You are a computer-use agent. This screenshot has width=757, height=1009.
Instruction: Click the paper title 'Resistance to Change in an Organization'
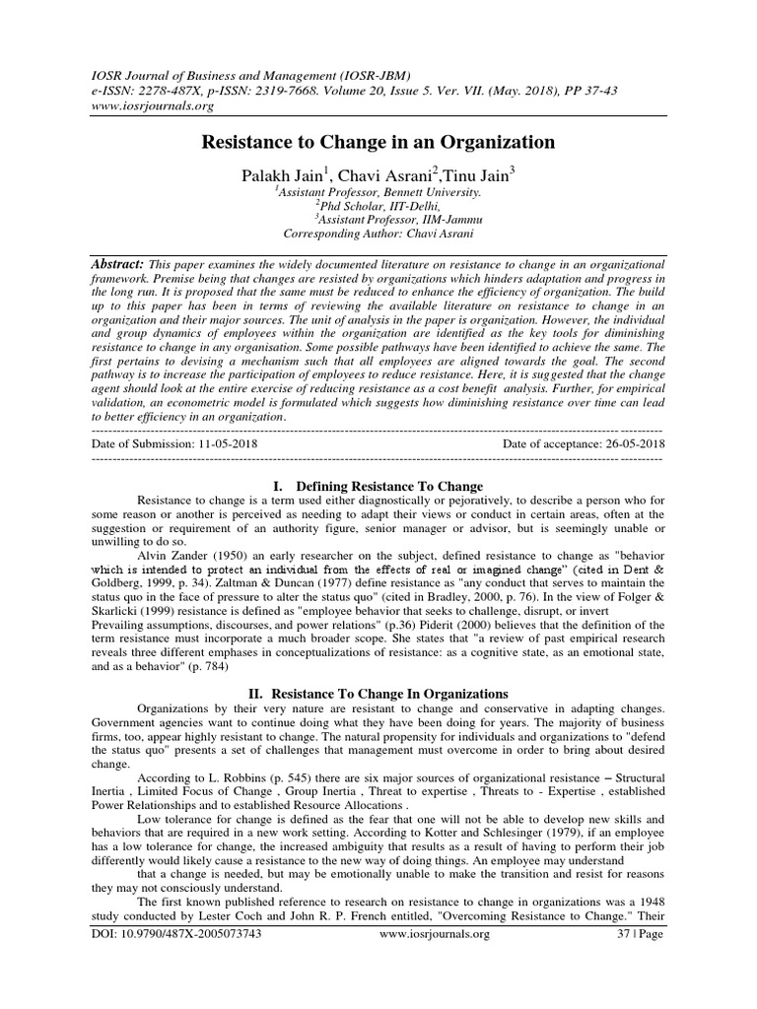[x=378, y=143]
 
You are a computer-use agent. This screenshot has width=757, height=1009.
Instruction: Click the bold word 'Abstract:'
[x=116, y=267]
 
